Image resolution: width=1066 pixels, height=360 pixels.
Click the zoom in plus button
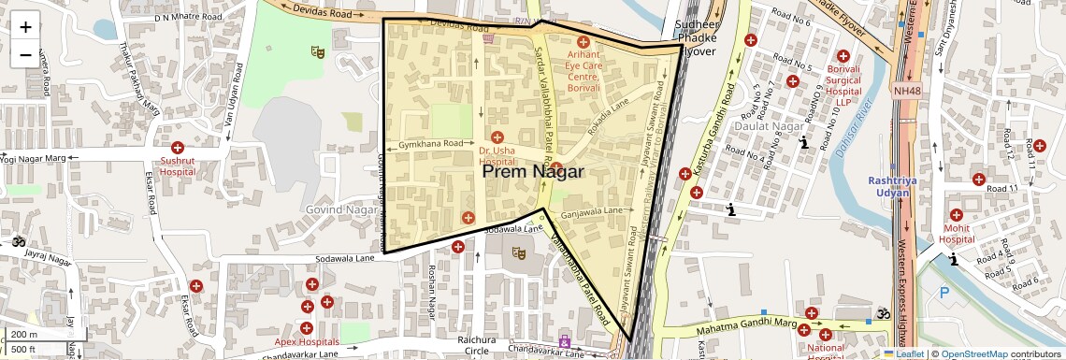[25, 27]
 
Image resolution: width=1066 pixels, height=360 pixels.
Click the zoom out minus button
[25, 55]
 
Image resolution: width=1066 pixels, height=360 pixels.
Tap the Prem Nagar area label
[533, 172]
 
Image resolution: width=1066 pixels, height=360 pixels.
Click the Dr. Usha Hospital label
[497, 156]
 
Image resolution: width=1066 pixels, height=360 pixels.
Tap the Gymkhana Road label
[430, 144]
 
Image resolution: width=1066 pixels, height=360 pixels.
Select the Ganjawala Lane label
[592, 212]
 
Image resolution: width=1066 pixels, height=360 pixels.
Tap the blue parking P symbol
[944, 293]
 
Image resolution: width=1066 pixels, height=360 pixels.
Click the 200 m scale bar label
[25, 334]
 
